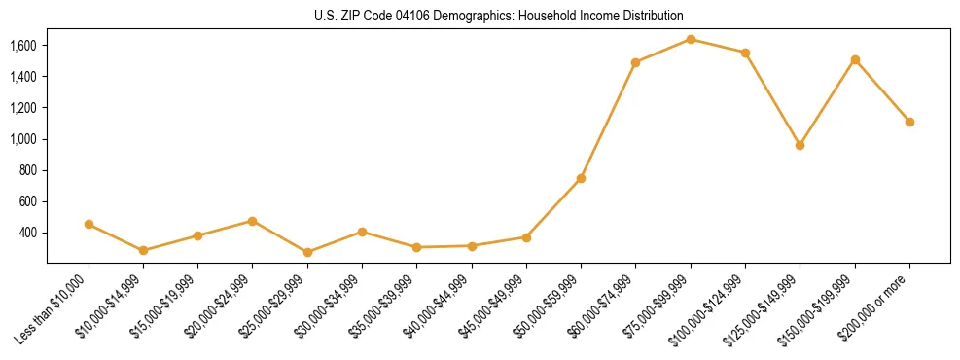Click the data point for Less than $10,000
tap(89, 224)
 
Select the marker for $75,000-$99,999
tap(691, 39)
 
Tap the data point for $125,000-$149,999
tap(800, 145)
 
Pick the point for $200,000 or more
tap(909, 122)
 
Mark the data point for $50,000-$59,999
tap(581, 178)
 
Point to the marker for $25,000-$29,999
tap(307, 252)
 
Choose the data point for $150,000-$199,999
tap(855, 59)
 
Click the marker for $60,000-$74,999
tap(635, 62)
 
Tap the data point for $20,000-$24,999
tap(253, 221)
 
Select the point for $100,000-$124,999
tap(745, 53)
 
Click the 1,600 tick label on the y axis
tap(22, 46)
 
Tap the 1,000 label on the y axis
tap(22, 139)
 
